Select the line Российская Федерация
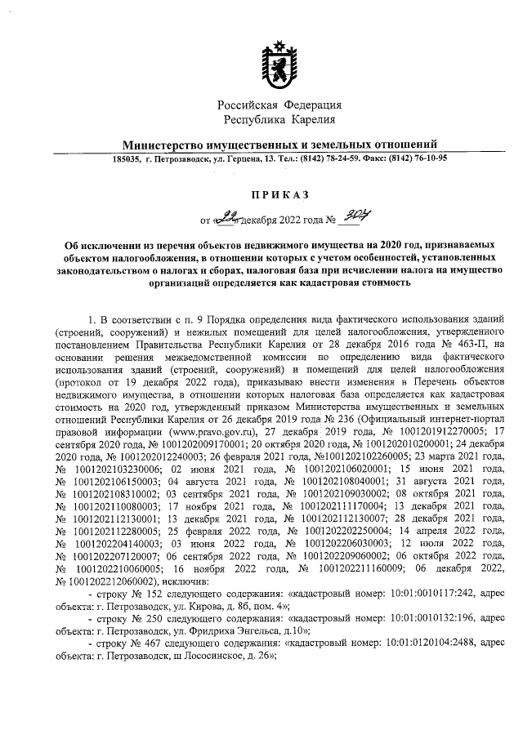[x=279, y=105]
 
